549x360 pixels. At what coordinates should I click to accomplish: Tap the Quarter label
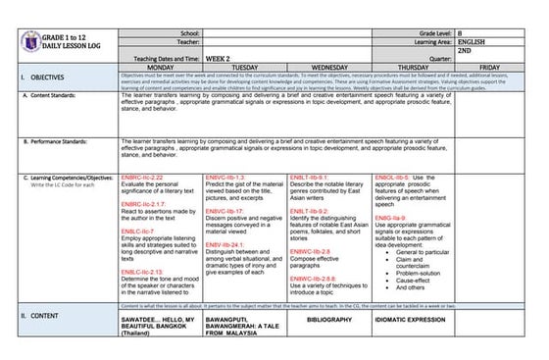coord(435,58)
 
